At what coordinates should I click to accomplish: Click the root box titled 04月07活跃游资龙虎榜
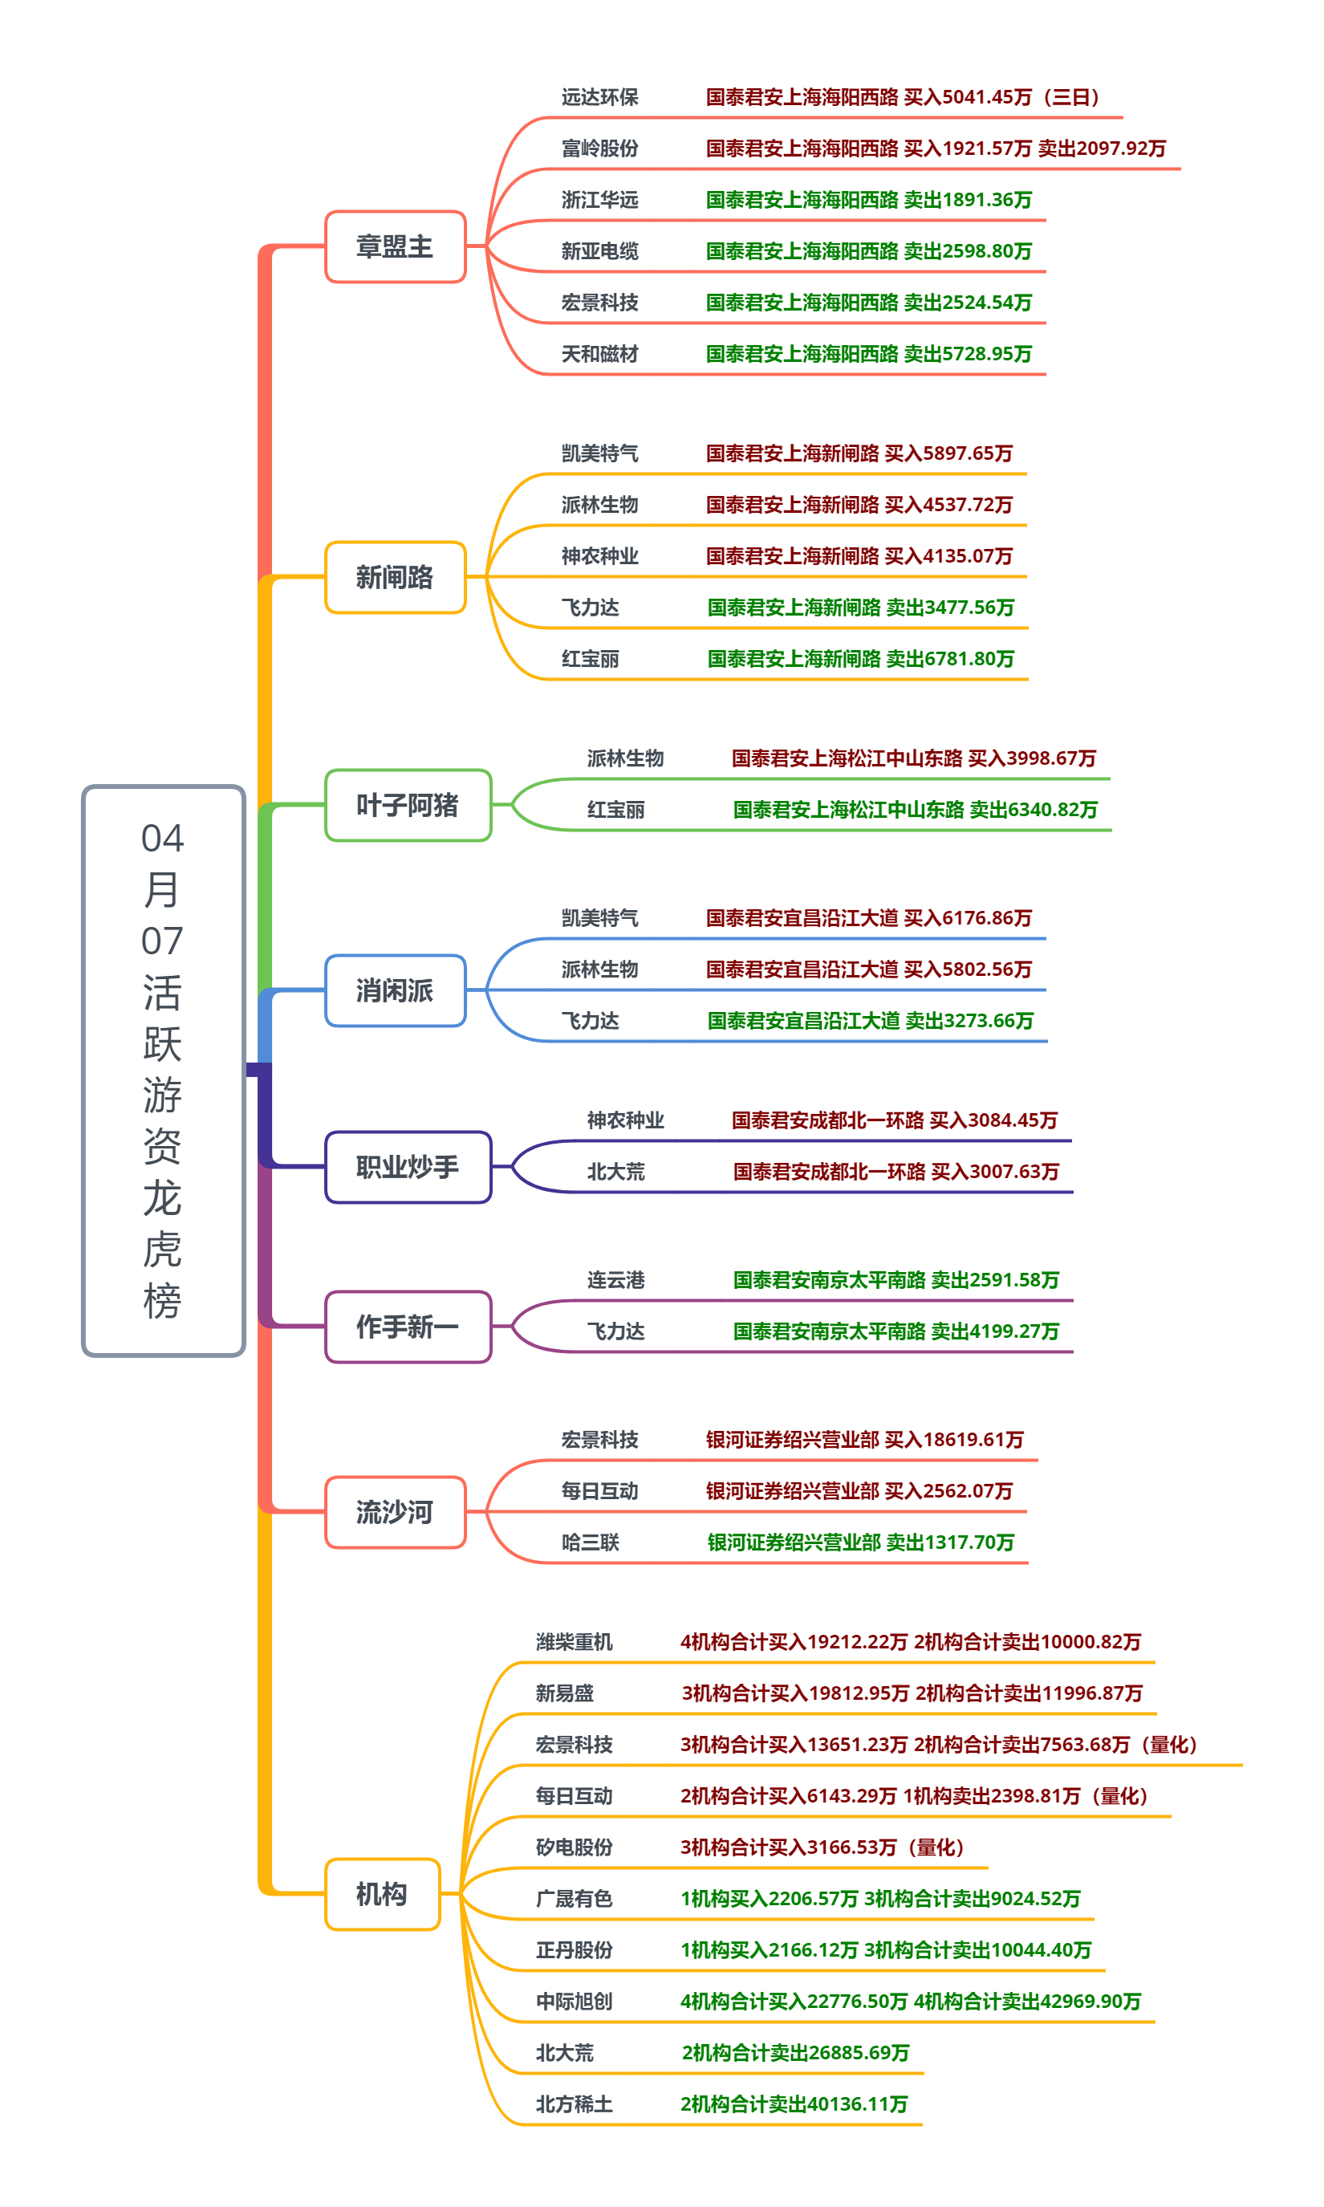tap(163, 1070)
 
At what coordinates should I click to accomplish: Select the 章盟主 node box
tap(396, 246)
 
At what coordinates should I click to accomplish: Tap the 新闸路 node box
tap(396, 577)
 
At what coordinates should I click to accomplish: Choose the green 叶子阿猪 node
tap(408, 806)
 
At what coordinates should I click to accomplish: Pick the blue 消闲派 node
tap(396, 990)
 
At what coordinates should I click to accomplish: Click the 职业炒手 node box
tap(408, 1167)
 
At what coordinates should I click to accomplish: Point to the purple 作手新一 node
tap(408, 1327)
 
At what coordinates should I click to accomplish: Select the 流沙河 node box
tap(396, 1512)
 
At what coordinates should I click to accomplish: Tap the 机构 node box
tap(382, 1894)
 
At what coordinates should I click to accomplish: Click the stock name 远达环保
tap(599, 97)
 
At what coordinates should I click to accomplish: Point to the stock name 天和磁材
tap(599, 354)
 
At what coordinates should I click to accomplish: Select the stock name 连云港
tap(615, 1280)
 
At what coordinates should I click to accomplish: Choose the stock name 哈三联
tap(590, 1542)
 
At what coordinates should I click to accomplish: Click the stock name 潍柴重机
tap(574, 1641)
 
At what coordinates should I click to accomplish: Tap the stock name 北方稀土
tap(574, 2103)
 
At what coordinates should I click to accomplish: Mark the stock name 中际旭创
tap(574, 2001)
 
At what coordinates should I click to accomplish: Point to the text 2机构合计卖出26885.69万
tap(795, 2053)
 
